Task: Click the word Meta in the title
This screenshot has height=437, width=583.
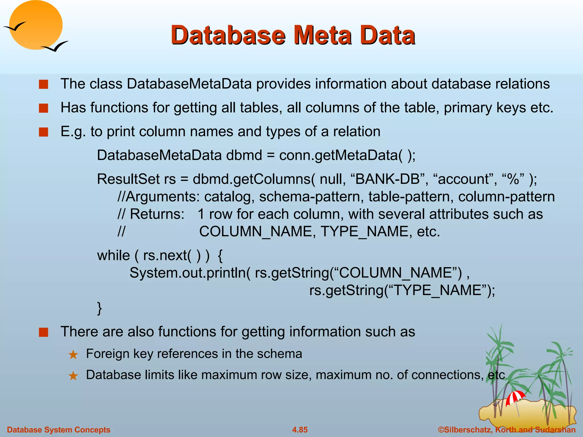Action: [x=323, y=35]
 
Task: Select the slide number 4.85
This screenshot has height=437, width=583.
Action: [x=300, y=430]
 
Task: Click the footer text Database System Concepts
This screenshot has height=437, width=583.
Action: [x=59, y=430]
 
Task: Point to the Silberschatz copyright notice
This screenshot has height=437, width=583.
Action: [x=507, y=430]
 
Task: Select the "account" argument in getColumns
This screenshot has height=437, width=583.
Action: [x=464, y=179]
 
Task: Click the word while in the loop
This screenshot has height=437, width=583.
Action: [x=113, y=255]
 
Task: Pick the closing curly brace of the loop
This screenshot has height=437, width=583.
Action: [x=99, y=308]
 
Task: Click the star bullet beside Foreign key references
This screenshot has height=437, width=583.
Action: [x=73, y=354]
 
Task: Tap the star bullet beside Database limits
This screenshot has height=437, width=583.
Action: [x=73, y=376]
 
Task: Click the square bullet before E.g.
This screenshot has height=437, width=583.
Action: [x=44, y=132]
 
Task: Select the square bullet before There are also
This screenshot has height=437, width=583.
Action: [x=44, y=332]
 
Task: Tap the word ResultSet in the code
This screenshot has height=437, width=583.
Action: [x=128, y=179]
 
